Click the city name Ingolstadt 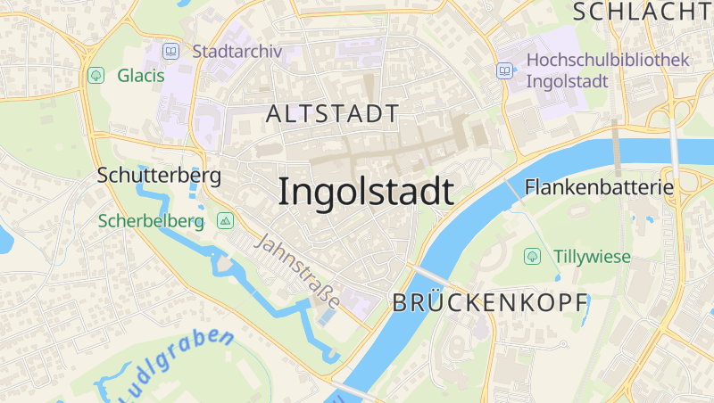pos(366,192)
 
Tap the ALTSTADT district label pos(332,113)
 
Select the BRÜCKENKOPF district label pos(490,302)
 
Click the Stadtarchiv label pos(237,52)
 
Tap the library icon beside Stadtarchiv pos(170,52)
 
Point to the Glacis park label pos(141,76)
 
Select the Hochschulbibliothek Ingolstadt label pos(608,70)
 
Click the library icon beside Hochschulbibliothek pos(505,70)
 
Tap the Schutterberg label pos(159,175)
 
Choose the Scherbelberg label pos(152,220)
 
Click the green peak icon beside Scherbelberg pos(225,220)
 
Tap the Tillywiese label pos(592,257)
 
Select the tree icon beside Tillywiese pos(532,257)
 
